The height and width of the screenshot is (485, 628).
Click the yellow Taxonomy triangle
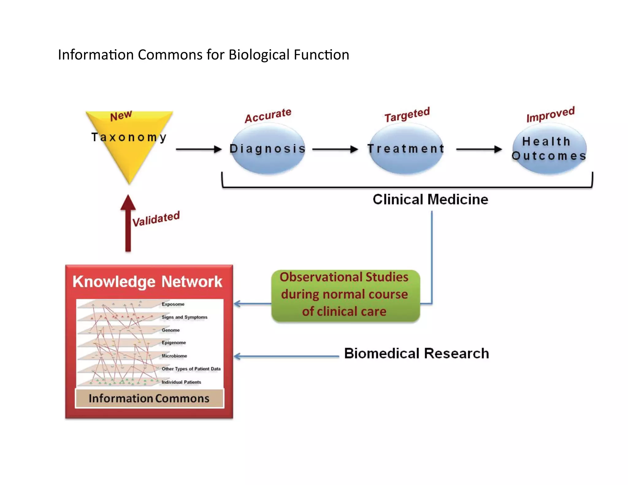coord(129,144)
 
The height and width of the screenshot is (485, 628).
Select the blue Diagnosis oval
coord(268,149)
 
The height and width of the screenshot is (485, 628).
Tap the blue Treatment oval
coord(406,149)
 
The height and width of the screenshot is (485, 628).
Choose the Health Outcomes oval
coord(549,149)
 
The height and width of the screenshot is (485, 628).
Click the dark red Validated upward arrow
coord(128,224)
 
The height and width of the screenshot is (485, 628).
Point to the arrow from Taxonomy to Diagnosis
coord(199,149)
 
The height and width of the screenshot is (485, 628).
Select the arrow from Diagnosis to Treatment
coord(335,149)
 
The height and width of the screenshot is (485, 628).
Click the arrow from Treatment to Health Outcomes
coord(479,149)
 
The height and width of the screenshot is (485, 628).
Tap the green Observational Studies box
coord(345,295)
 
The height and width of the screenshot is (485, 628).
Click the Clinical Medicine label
coord(430,200)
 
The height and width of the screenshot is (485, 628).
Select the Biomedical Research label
coord(416,353)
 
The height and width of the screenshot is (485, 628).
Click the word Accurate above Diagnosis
coord(268,116)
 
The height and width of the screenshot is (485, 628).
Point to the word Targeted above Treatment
coord(407,115)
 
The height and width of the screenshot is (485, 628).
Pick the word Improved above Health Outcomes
coord(550,114)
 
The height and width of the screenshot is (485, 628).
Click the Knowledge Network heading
coord(147,282)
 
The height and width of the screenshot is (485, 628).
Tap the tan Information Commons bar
coord(149,398)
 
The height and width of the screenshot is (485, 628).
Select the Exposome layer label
coord(173,304)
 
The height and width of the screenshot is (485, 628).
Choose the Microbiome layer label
coord(174,356)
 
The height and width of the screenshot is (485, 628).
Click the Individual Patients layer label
coord(181,382)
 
